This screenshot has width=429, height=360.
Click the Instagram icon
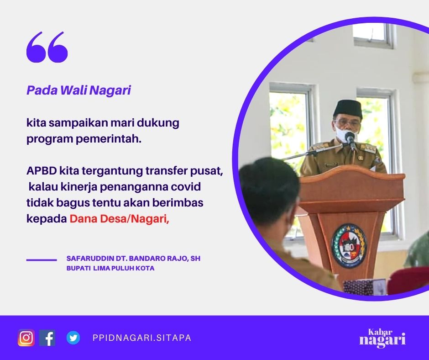(x=26, y=338)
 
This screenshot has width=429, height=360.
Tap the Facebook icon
(x=47, y=338)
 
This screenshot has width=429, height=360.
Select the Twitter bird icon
(x=73, y=338)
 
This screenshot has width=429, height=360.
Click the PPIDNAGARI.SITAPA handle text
(x=142, y=338)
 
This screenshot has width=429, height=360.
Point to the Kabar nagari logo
(x=382, y=338)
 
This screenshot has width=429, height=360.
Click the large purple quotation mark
(x=47, y=47)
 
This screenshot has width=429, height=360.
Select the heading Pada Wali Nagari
(x=79, y=90)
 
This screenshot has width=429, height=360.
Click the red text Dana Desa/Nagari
(x=119, y=219)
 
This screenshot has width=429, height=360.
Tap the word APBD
(x=42, y=171)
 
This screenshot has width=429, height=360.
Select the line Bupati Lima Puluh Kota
(x=110, y=268)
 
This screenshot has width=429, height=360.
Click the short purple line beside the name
(x=42, y=260)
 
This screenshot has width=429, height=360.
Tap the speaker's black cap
(x=348, y=108)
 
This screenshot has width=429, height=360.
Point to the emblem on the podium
(x=349, y=245)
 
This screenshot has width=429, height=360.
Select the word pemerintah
(x=109, y=139)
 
